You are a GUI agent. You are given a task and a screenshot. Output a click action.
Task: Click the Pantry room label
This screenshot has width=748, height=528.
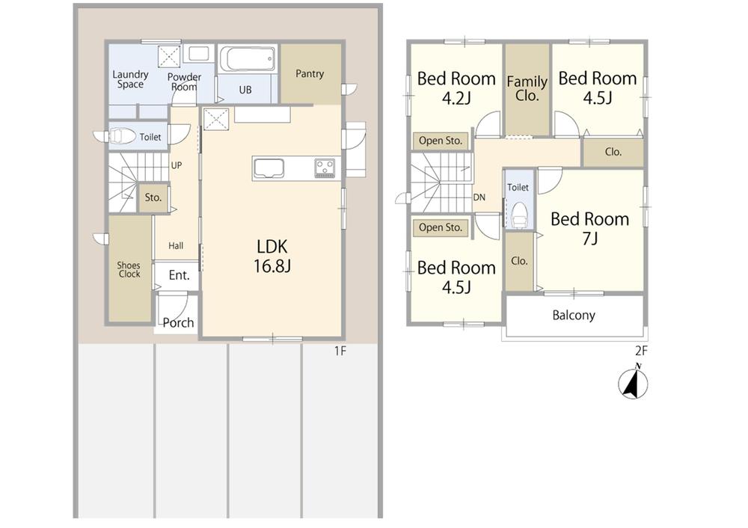click(x=310, y=73)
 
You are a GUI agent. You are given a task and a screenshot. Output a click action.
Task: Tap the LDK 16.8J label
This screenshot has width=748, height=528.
click(x=272, y=256)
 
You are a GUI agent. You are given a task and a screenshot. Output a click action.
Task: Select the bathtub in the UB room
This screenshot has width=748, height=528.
click(x=247, y=58)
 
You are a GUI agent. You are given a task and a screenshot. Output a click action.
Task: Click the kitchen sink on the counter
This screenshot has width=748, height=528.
click(x=269, y=168)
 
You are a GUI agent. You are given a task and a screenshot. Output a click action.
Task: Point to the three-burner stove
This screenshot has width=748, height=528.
click(x=325, y=168)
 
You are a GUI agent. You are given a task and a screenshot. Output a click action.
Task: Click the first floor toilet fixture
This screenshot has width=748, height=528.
click(x=122, y=137)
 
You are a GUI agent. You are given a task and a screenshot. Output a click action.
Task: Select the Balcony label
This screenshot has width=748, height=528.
click(x=574, y=316)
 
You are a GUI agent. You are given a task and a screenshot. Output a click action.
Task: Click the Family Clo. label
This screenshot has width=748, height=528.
click(x=527, y=88)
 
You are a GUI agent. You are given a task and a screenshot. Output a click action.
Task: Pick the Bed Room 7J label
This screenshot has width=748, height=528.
click(x=590, y=228)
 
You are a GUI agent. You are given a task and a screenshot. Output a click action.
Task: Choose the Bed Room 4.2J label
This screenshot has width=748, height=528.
click(x=456, y=88)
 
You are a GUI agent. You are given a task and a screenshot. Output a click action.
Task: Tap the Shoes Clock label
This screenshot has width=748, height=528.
click(x=129, y=269)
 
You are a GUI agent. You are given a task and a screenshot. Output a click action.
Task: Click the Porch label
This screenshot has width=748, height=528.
click(x=179, y=323)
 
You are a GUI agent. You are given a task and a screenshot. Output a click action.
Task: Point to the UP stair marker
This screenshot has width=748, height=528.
click(x=177, y=165)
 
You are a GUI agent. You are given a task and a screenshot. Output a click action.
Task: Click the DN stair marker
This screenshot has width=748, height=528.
click(x=479, y=197)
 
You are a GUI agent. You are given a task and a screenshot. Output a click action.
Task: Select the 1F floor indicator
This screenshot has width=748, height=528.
click(x=340, y=352)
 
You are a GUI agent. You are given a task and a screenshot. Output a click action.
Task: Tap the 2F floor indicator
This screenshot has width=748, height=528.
click(x=641, y=352)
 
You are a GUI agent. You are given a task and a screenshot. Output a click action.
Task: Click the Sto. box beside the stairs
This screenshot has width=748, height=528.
click(x=153, y=197)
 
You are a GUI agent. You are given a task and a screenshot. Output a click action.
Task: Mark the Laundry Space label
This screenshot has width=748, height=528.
click(x=130, y=79)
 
